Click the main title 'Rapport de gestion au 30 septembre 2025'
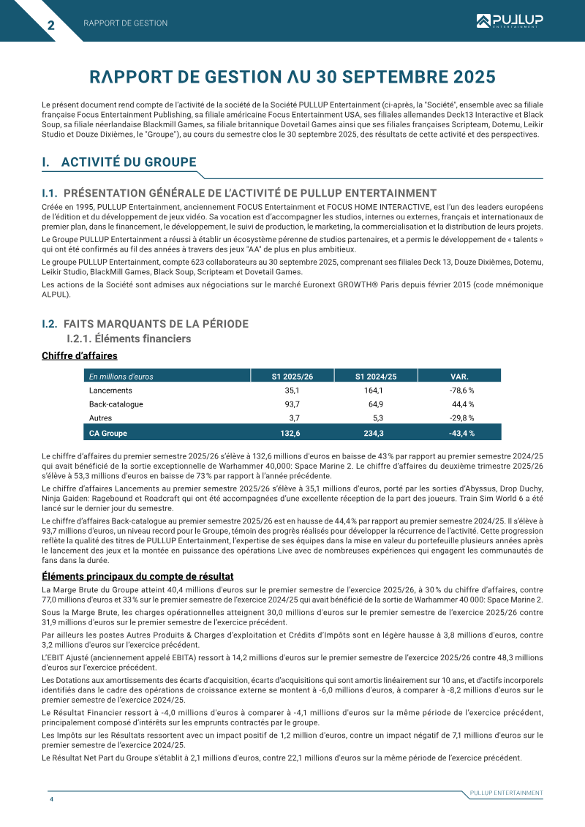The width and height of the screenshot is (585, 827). tap(292, 77)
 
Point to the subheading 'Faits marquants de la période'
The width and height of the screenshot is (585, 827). tap(156, 323)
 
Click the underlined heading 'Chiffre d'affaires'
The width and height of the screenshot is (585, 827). tap(80, 356)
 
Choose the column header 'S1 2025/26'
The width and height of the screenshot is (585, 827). tap(292, 377)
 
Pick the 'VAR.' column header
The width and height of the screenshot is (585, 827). tap(459, 377)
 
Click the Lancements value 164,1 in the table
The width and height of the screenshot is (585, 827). tap(373, 390)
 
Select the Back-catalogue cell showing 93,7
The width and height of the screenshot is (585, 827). tap(292, 404)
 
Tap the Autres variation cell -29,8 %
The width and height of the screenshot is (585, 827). tap(461, 418)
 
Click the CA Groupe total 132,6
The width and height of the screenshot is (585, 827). tap(290, 433)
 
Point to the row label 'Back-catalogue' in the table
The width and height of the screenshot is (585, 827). tap(116, 404)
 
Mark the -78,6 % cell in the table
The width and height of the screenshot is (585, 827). tap(461, 390)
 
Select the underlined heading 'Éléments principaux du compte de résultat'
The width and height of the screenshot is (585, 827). tap(138, 577)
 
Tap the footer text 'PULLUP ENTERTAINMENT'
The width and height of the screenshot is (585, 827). tap(506, 793)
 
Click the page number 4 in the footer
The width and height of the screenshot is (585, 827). tap(51, 799)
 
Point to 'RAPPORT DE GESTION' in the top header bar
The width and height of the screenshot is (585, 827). tap(125, 23)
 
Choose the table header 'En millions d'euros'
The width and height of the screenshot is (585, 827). tap(121, 377)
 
